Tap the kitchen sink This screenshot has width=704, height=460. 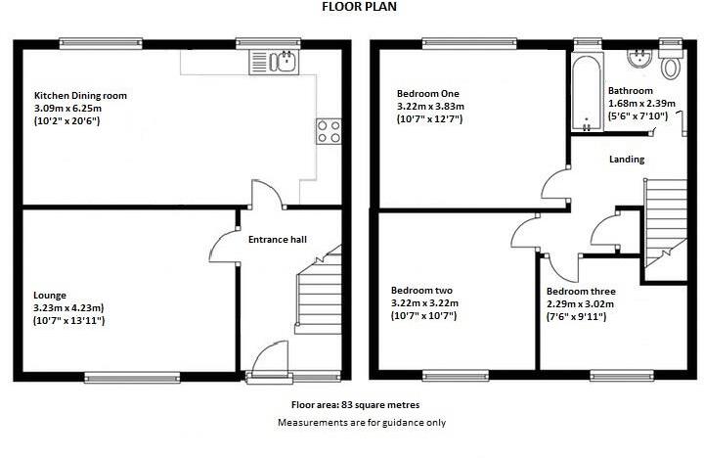[x=283, y=64]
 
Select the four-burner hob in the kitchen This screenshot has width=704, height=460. [x=329, y=130]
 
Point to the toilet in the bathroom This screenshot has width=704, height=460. [x=671, y=67]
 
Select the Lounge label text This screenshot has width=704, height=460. [x=50, y=295]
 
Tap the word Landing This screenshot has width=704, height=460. [x=626, y=159]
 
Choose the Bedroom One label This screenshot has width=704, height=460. [x=423, y=93]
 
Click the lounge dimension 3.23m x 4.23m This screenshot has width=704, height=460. [x=69, y=307]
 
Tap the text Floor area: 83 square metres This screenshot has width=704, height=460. [x=356, y=404]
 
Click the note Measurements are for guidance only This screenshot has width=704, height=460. [x=362, y=422]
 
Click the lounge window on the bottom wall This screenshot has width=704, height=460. [x=131, y=376]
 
